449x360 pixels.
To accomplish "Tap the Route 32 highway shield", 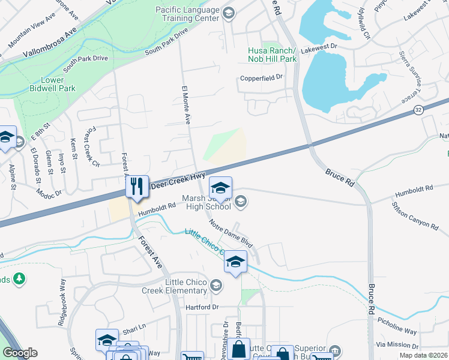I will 418,110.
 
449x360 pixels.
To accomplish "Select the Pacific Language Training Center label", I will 187,14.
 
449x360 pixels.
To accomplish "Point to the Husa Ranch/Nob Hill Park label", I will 272,55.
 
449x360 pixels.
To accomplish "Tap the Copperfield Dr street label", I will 261,77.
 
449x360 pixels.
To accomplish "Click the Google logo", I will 20,353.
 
